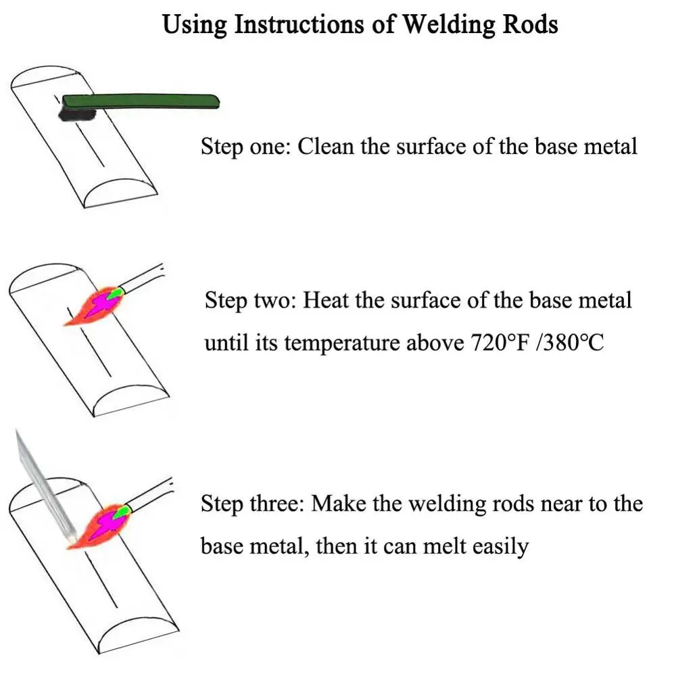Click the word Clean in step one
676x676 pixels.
click(x=326, y=146)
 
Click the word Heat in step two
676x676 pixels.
click(x=325, y=299)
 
